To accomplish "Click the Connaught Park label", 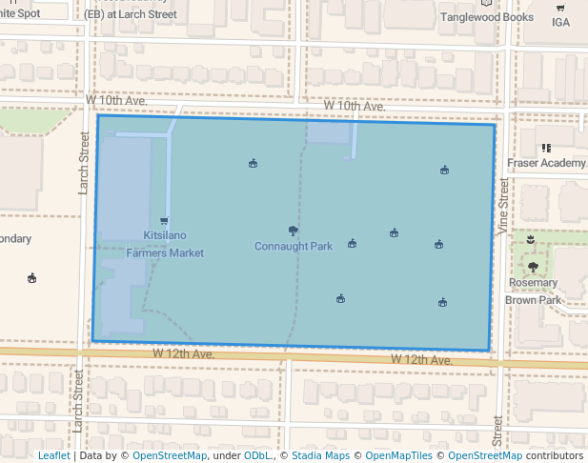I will [x=293, y=246].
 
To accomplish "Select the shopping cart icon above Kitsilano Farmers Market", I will [x=164, y=221].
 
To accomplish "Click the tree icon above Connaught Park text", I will [x=293, y=231].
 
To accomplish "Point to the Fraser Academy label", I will [x=547, y=163].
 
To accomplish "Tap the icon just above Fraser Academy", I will [x=546, y=149].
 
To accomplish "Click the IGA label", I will [x=560, y=22].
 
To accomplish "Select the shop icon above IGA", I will [x=559, y=8].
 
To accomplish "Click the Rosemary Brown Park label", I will [x=533, y=291].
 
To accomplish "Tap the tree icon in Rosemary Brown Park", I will [x=532, y=267].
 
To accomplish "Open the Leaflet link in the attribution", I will [x=53, y=455].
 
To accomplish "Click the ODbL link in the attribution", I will [x=257, y=455].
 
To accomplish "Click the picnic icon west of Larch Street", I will [x=32, y=278].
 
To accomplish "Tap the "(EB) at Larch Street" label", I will [x=131, y=15].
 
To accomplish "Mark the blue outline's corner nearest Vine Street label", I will [x=495, y=125].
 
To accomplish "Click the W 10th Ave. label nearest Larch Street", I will [x=115, y=100].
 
